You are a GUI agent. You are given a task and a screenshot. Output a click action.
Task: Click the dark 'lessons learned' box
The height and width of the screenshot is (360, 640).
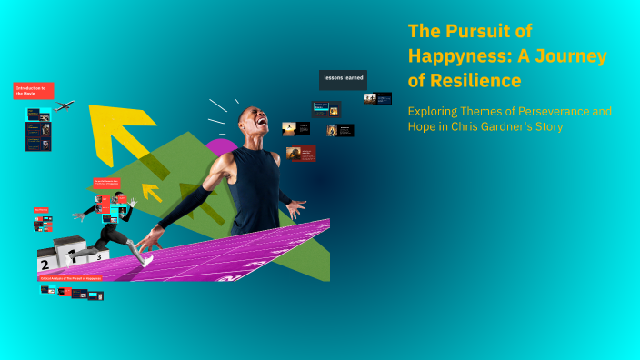(343, 79)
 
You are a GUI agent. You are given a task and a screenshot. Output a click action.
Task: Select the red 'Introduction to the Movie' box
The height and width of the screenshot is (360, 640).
(34, 91)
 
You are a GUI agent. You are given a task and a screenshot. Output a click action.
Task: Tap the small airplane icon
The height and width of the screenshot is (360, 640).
(64, 106)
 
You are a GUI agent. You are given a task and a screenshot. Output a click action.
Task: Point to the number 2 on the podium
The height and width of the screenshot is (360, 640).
(44, 265)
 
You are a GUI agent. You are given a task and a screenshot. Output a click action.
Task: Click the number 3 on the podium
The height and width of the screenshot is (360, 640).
(98, 258)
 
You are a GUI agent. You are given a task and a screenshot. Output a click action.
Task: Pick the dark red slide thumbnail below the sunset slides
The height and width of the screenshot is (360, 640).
(301, 154)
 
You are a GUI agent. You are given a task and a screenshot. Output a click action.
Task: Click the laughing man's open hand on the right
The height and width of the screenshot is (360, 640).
(296, 208)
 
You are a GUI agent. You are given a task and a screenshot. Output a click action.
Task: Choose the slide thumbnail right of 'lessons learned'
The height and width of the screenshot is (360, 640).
(384, 98)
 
